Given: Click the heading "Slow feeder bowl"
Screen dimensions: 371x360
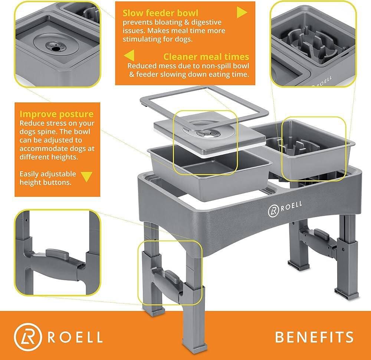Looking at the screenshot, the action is pos(160,13).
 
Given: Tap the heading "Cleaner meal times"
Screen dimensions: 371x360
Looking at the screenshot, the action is pos(206,57).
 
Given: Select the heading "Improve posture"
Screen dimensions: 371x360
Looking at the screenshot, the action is pos(56,114).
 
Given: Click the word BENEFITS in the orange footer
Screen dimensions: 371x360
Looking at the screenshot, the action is pos(314,337).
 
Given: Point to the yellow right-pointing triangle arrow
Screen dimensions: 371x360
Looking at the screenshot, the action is pos(242,12).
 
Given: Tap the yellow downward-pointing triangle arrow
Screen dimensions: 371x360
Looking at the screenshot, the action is pos(86,177).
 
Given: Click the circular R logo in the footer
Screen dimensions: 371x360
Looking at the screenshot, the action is pos(28,337).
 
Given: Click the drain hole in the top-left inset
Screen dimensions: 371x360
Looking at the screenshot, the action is pos(56,49).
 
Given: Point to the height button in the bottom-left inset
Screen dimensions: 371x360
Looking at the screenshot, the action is pos(57,253).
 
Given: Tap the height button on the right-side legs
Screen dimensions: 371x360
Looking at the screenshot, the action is pos(321,235).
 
